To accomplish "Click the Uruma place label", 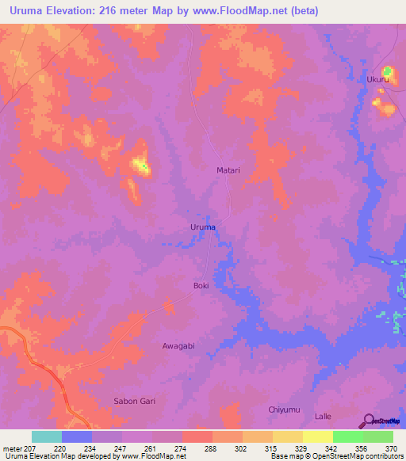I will pos(203,227).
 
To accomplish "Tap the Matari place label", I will pos(228,170).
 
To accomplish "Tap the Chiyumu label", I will pos(283,410).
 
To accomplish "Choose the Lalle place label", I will pos(323,416).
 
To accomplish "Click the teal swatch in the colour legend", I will pos(47,436).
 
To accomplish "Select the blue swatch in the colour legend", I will pos(77,436).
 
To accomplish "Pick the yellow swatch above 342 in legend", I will pos(317,436).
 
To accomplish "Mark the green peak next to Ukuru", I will pos(387,72).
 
